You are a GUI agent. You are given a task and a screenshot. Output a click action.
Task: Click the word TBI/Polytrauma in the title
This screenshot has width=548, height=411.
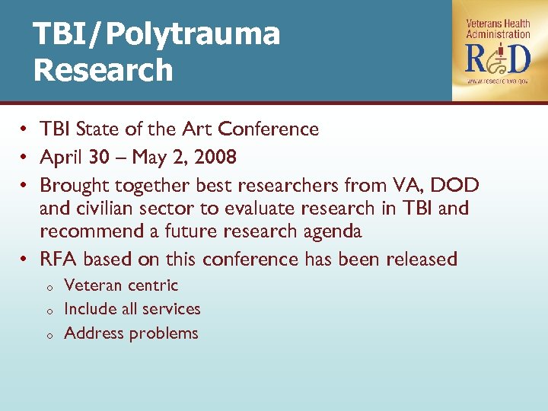click(157, 34)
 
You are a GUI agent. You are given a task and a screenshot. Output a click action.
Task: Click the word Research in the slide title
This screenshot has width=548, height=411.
click(104, 70)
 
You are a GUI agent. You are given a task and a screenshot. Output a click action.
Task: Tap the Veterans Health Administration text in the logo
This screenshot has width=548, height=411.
click(498, 29)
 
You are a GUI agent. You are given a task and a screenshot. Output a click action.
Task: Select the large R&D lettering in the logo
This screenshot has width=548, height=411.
click(498, 58)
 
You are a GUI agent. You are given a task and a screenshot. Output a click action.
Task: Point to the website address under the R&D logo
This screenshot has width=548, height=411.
click(498, 81)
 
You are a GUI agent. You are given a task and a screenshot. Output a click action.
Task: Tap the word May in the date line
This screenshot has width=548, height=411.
click(149, 158)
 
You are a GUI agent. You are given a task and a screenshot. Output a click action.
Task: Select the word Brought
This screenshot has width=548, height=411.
click(72, 185)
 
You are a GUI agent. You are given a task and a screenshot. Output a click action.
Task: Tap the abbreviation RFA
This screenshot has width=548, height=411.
click(59, 260)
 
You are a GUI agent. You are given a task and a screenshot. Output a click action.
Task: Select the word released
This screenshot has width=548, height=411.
click(422, 260)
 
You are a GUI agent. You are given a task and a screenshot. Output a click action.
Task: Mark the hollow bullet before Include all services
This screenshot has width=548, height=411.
click(47, 311)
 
